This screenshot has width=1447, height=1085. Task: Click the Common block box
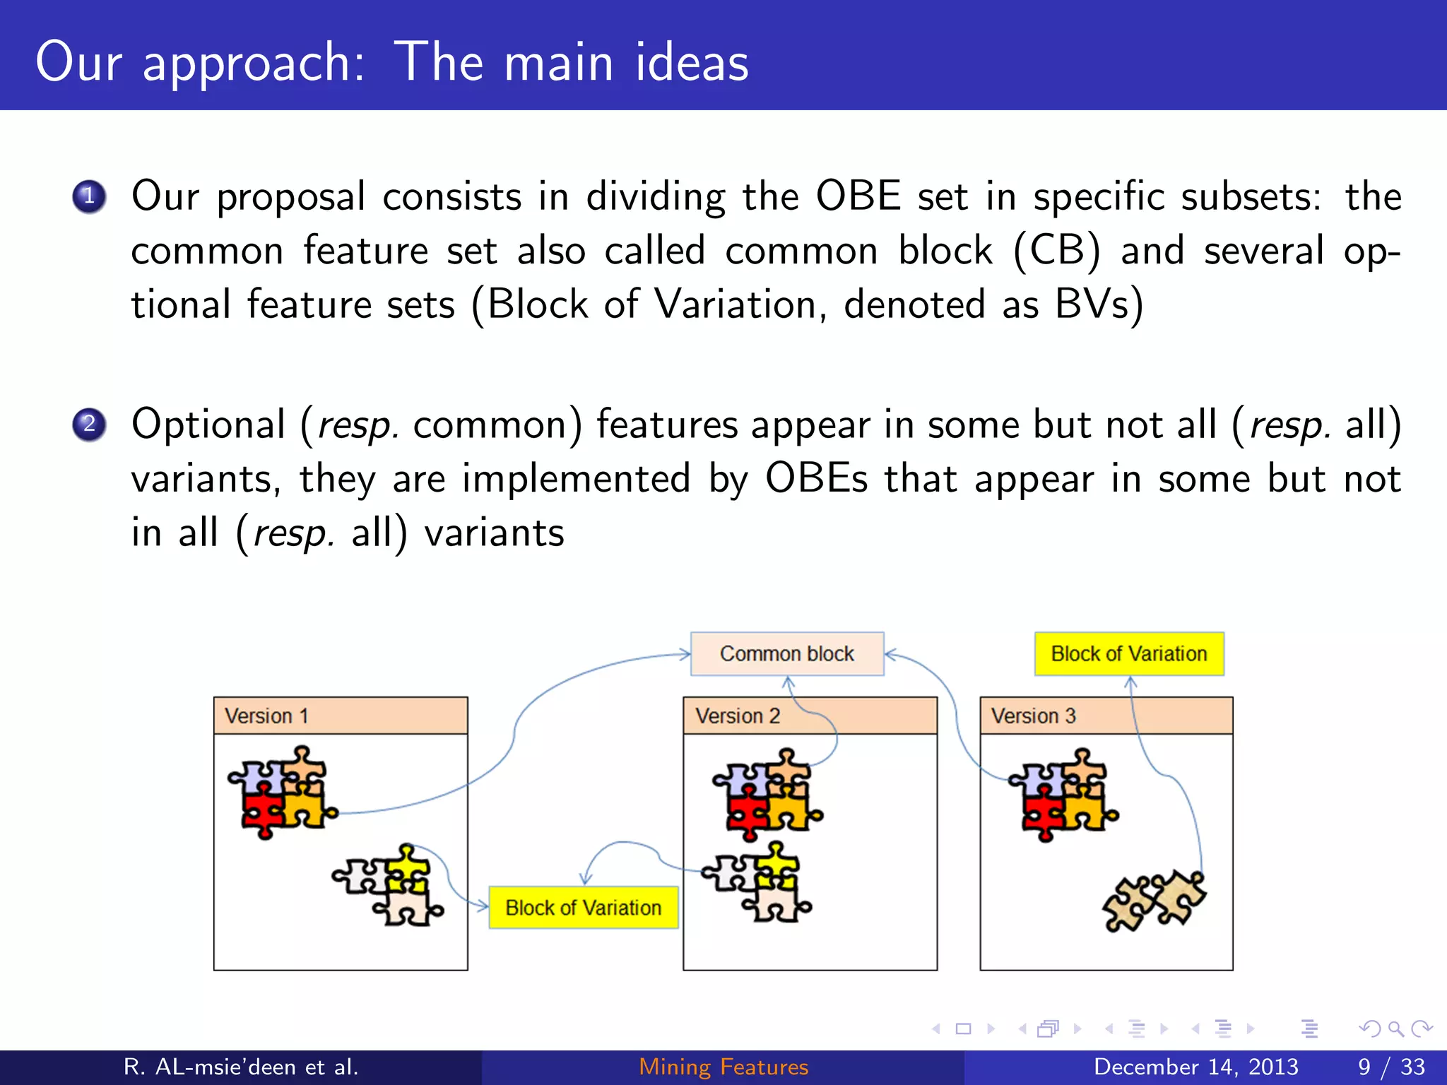pos(786,653)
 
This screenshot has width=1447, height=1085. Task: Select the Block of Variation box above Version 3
pos(1128,653)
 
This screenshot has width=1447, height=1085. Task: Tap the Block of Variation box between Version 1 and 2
pos(583,907)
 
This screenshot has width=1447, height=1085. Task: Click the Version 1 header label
pos(266,716)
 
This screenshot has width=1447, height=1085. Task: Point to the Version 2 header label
pos(737,716)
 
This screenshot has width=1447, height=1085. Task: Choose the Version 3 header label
pos(1033,716)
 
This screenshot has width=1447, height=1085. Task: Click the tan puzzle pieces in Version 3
pos(1153,901)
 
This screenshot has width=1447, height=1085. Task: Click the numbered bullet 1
pos(89,197)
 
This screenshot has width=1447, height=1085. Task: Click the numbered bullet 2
pos(89,425)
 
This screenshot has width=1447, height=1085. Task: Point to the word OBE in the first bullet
pos(858,196)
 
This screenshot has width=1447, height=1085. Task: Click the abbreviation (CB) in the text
pos(1056,251)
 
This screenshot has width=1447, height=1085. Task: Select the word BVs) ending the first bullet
pos(1099,305)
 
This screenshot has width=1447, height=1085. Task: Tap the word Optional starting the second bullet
pos(208,425)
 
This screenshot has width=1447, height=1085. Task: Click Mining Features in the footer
pos(723,1067)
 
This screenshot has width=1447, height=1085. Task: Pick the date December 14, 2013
pos(1195,1067)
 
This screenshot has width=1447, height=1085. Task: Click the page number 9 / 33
pos(1391,1067)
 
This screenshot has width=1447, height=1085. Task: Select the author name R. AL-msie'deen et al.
pos(241,1067)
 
